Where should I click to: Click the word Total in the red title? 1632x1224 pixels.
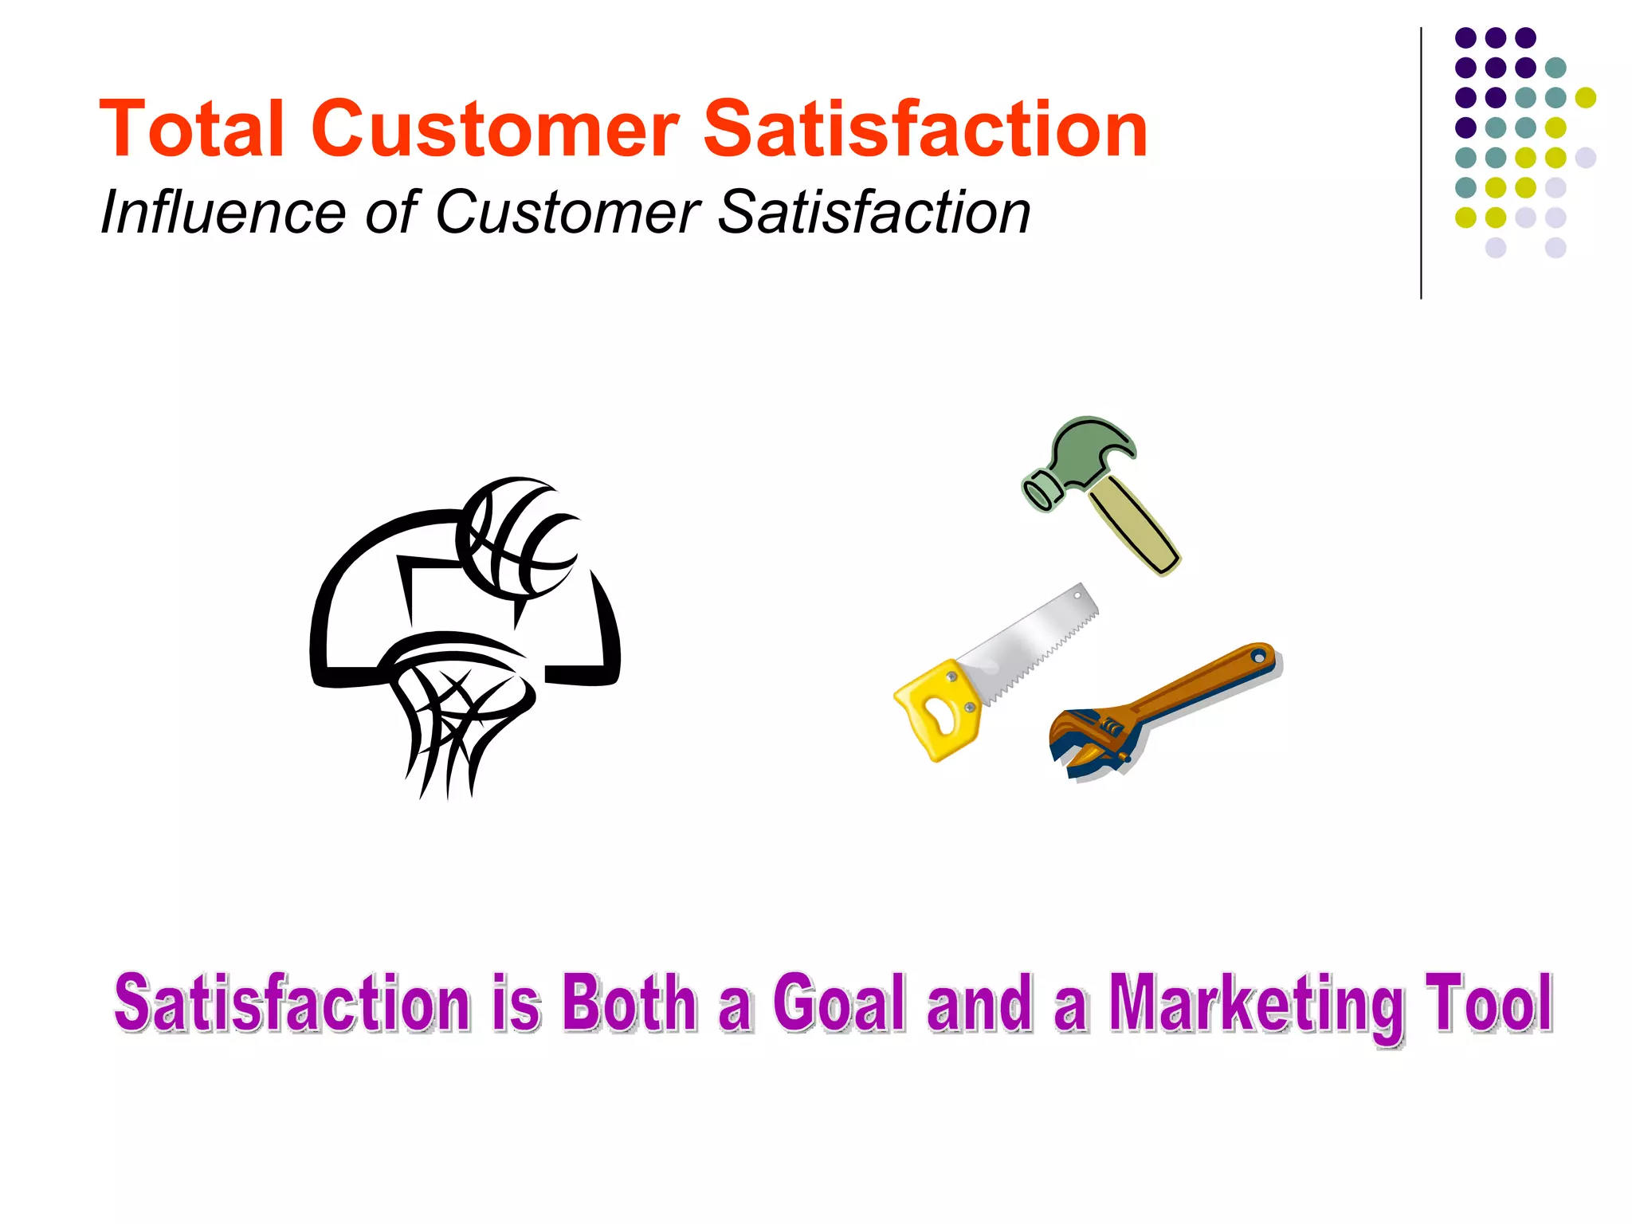191,129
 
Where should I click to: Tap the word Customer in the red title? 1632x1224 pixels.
495,129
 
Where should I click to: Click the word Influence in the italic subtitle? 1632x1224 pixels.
222,213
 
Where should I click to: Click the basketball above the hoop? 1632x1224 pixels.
518,538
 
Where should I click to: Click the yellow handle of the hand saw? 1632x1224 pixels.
940,709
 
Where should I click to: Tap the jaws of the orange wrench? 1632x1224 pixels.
1076,741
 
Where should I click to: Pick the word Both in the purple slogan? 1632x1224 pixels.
630,1002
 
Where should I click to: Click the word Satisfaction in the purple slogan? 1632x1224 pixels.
292,1002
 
